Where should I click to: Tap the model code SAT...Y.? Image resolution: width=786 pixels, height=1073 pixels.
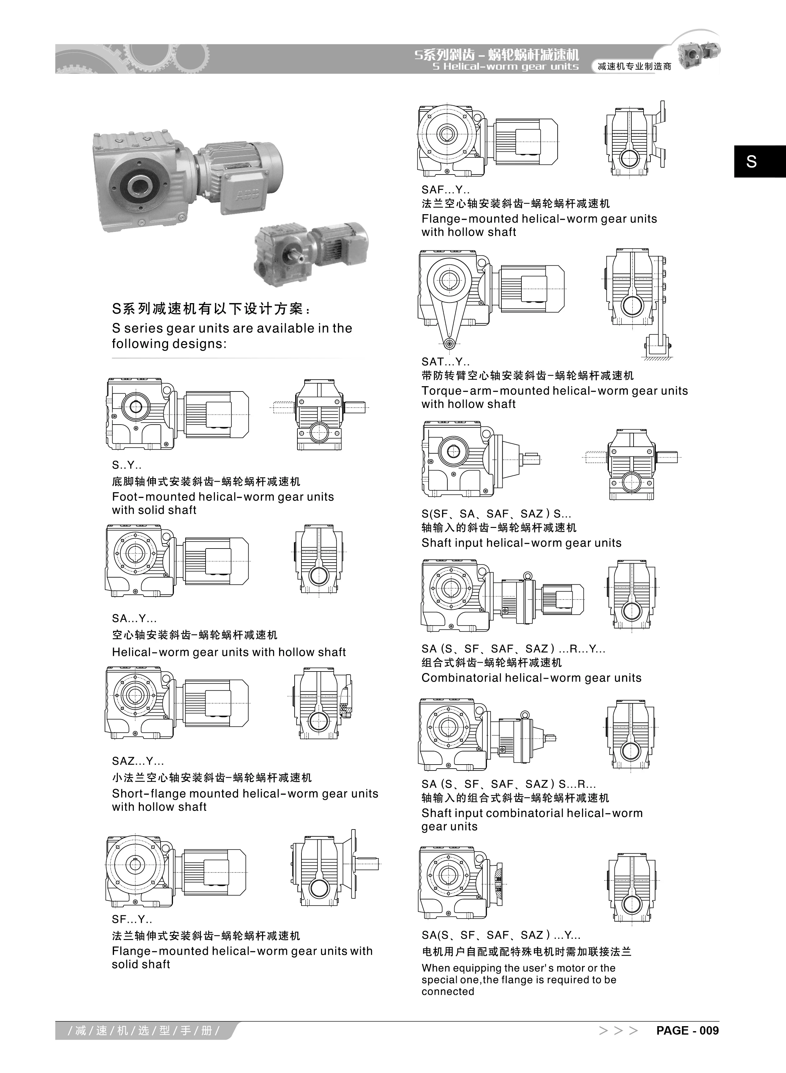coord(445,362)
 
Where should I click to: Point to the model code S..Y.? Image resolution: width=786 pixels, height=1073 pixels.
coord(127,465)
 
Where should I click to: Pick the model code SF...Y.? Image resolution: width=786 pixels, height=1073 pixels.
coord(132,919)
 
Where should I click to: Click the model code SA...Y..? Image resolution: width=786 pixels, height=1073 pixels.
coord(134,618)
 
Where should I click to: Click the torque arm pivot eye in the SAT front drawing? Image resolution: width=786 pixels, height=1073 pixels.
coord(448,343)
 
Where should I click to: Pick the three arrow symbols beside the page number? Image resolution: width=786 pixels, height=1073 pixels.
coord(618,1031)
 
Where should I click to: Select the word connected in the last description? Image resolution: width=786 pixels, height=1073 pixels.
coord(447,991)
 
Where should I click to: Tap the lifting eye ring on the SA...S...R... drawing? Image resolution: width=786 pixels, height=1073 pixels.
coord(525,715)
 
